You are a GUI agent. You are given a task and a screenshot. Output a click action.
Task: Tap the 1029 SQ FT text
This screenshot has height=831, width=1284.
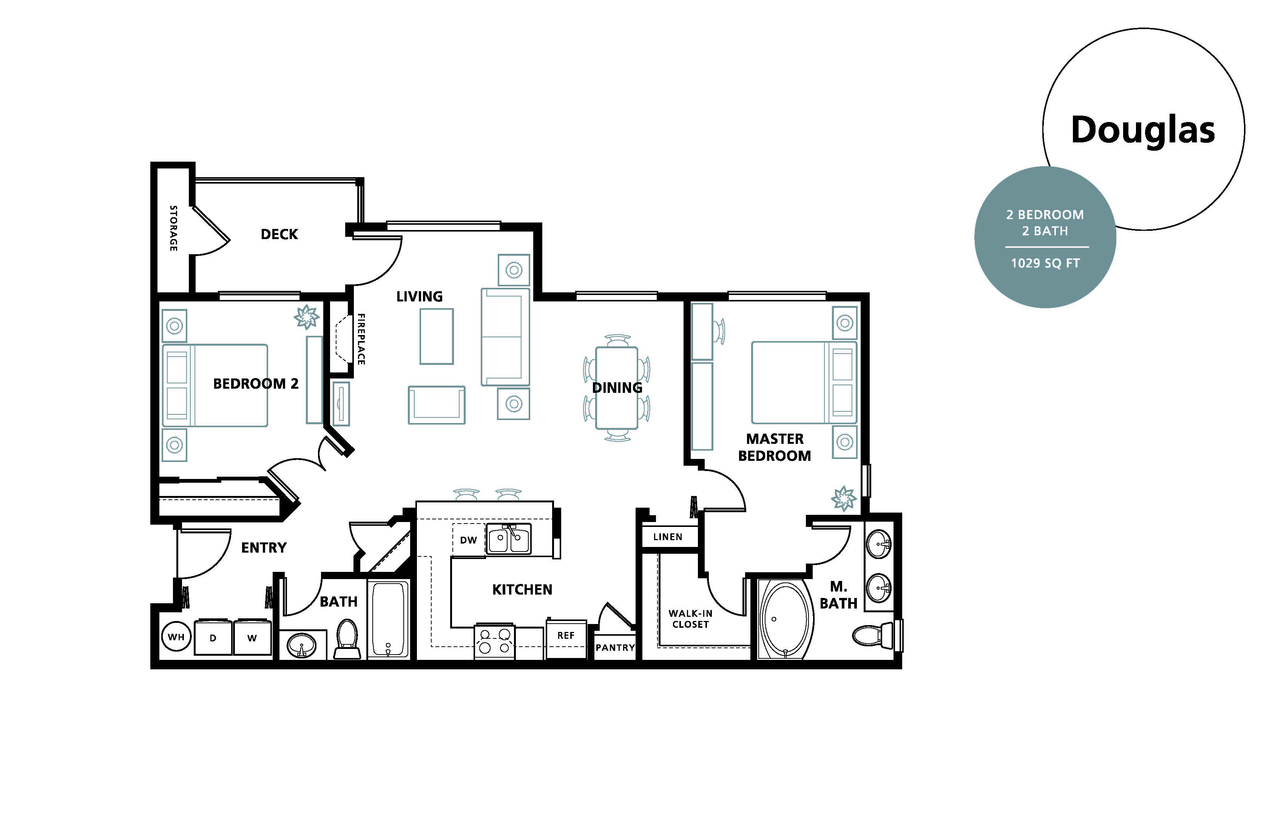click(x=1045, y=263)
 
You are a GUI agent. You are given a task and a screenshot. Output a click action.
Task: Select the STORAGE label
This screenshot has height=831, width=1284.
click(x=173, y=228)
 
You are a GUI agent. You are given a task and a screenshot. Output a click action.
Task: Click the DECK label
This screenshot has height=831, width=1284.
click(x=279, y=234)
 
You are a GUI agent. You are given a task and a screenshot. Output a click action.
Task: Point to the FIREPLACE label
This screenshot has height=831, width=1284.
click(x=361, y=339)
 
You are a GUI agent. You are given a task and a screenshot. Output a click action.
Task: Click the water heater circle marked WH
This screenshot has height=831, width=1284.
click(x=176, y=637)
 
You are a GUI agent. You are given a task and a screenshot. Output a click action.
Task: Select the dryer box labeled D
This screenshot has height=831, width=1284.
click(x=213, y=638)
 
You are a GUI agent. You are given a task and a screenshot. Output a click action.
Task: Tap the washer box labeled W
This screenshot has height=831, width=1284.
click(x=252, y=638)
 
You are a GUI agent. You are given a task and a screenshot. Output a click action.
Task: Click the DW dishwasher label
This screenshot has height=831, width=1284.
click(x=468, y=540)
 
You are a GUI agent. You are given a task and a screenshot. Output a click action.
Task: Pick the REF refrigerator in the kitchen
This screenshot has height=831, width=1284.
click(x=566, y=636)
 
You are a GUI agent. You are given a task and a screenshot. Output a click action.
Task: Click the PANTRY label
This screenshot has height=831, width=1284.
click(x=615, y=647)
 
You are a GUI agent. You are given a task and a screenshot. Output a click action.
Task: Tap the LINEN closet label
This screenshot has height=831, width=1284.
click(x=668, y=537)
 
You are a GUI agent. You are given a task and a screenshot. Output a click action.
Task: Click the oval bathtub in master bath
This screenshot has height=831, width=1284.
click(x=785, y=619)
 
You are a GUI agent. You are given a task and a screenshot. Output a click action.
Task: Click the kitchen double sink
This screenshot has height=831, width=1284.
click(x=509, y=539)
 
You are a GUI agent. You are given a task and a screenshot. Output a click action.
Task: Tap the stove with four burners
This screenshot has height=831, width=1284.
click(x=495, y=642)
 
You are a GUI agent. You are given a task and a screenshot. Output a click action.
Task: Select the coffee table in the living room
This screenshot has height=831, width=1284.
click(x=437, y=336)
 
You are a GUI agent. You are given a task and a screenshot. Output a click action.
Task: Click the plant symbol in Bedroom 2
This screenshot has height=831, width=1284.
click(x=306, y=317)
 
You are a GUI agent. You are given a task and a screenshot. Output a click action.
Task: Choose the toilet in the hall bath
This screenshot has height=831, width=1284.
click(x=347, y=638)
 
